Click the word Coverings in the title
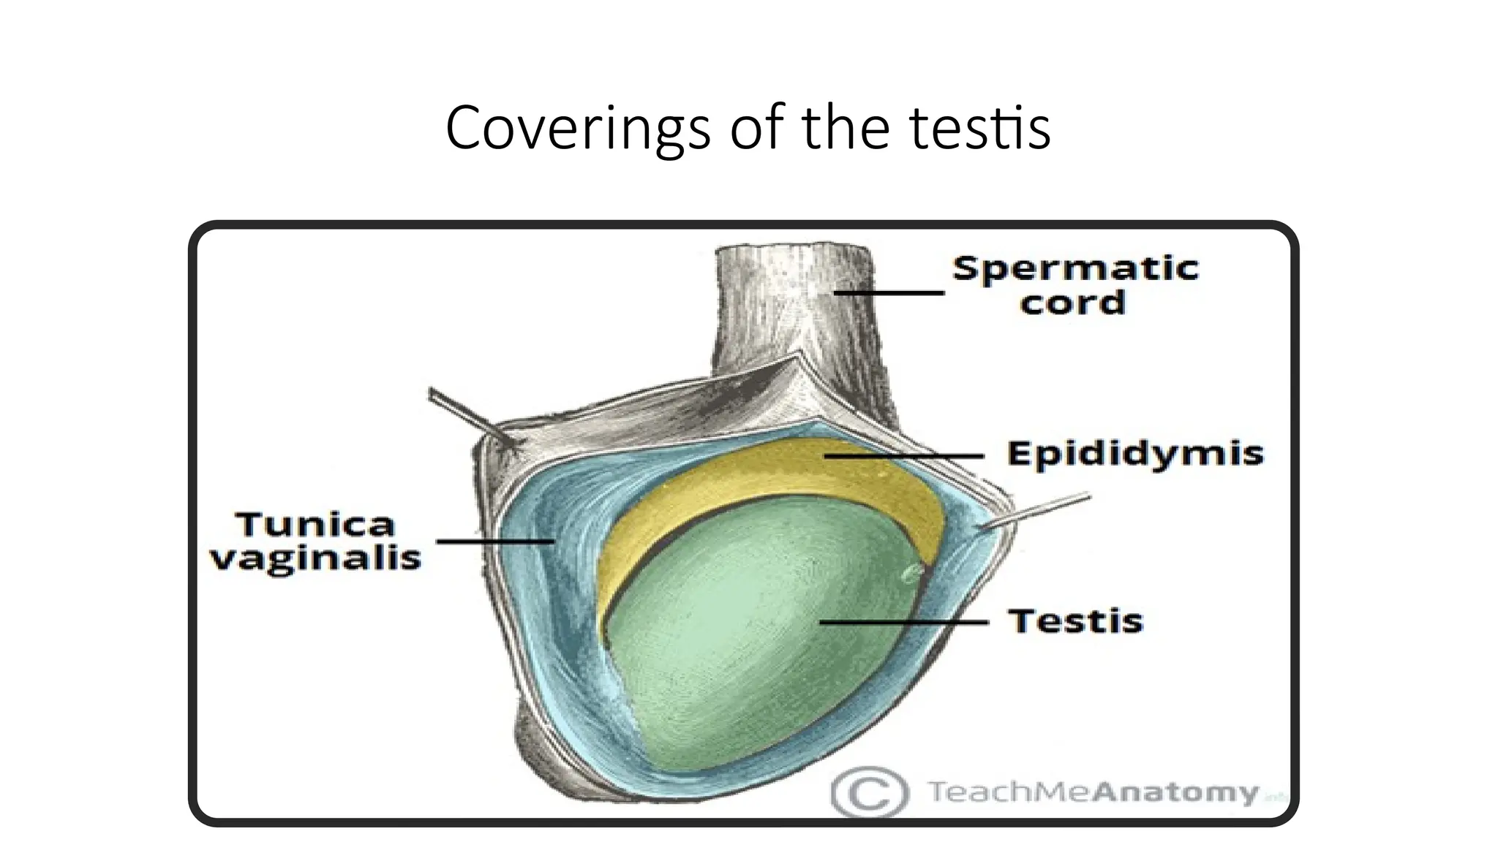click(x=578, y=129)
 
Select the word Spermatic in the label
click(x=1075, y=268)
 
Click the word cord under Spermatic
click(x=1072, y=303)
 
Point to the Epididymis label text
click(x=1135, y=454)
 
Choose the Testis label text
click(x=1075, y=621)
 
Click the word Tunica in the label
click(x=315, y=525)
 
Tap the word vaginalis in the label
click(x=315, y=559)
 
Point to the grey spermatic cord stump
click(x=794, y=307)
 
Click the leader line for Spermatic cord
click(x=889, y=292)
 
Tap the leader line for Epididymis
click(x=903, y=456)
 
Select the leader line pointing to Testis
click(x=903, y=622)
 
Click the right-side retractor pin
click(x=1039, y=510)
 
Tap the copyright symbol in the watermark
click(x=870, y=792)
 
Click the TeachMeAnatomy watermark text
click(x=1094, y=792)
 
